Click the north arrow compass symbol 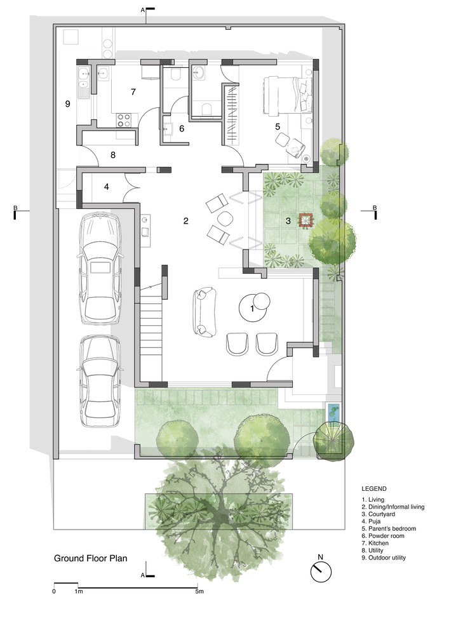(x=321, y=571)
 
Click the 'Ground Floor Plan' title (x=91, y=558)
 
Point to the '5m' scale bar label (x=199, y=591)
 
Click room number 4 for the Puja (x=107, y=187)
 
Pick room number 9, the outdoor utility (x=67, y=104)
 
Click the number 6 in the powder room (x=182, y=128)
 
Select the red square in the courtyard (x=305, y=220)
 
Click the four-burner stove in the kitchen (x=124, y=120)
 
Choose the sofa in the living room (x=203, y=312)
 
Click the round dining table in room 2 (x=226, y=219)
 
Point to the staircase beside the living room (x=151, y=333)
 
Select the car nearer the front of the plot (x=100, y=381)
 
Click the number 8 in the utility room (x=113, y=155)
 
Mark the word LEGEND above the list (x=374, y=489)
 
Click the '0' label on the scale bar (x=54, y=591)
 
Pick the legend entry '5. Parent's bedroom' (x=389, y=528)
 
